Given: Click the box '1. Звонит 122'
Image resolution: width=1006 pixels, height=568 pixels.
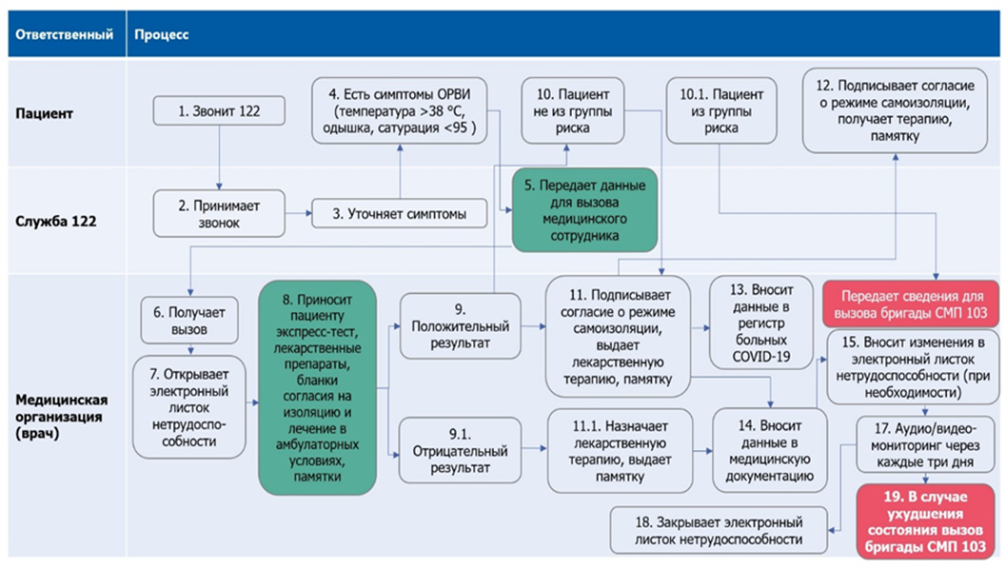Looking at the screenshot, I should [219, 112].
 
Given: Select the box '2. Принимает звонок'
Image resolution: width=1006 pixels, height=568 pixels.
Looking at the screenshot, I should [218, 214].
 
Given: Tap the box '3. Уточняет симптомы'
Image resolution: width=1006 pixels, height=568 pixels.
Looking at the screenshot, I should [399, 214].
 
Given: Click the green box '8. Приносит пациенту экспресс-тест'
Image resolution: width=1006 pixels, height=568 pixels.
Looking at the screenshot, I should [317, 387].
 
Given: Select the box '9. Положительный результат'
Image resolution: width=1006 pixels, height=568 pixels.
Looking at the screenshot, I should [458, 327].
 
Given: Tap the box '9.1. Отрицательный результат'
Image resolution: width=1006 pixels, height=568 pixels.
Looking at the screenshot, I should [458, 452].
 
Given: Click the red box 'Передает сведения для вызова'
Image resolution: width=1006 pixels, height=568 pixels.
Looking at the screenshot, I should [911, 303].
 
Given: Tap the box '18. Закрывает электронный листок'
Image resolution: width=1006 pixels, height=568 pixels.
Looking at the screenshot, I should [719, 531].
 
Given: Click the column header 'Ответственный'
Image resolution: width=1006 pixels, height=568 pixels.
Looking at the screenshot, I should [61, 35].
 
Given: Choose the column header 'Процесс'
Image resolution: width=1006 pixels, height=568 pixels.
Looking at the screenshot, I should [162, 35].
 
